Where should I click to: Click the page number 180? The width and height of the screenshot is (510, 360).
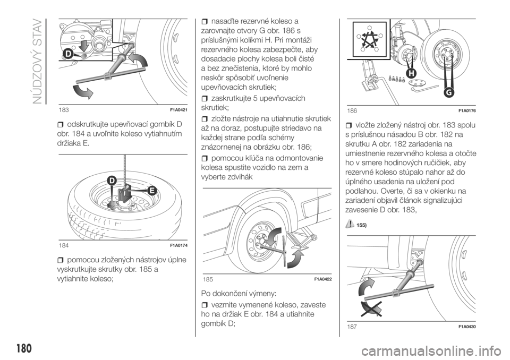pyautogui.click(x=23, y=348)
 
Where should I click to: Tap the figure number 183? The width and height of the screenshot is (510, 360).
pyautogui.click(x=64, y=109)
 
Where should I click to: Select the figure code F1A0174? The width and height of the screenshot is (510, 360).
pyautogui.click(x=179, y=245)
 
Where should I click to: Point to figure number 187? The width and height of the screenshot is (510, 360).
pyautogui.click(x=352, y=327)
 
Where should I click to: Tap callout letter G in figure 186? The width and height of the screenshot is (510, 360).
pyautogui.click(x=449, y=93)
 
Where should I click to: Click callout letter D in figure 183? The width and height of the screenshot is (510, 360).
pyautogui.click(x=67, y=55)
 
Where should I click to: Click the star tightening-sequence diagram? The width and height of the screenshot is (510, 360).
pyautogui.click(x=369, y=39)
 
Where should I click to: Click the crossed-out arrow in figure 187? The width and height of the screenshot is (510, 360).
pyautogui.click(x=371, y=308)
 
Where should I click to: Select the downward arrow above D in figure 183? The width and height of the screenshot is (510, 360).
pyautogui.click(x=84, y=46)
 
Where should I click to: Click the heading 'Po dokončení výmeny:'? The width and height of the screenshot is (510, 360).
pyautogui.click(x=239, y=293)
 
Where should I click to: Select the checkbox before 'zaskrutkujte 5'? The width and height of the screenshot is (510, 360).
pyautogui.click(x=205, y=99)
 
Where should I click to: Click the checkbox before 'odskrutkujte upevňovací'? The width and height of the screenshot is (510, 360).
pyautogui.click(x=60, y=125)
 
